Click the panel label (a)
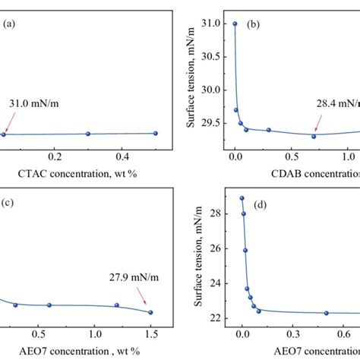click(x=9, y=24)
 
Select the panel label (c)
click(x=9, y=204)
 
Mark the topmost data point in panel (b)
click(x=235, y=24)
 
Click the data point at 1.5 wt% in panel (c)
click(x=150, y=312)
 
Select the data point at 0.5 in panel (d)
click(x=327, y=313)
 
